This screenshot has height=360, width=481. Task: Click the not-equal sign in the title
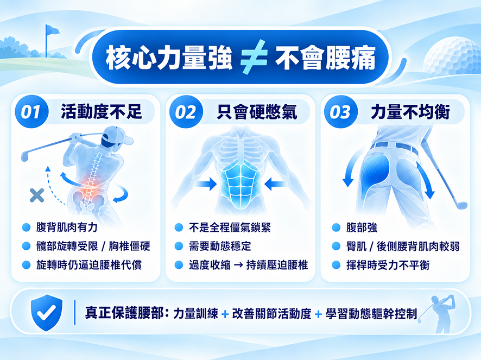[x=254, y=57]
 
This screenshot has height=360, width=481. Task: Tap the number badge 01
[x=31, y=111]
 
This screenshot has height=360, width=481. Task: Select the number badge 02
[x=186, y=111]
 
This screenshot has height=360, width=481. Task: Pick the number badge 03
[x=341, y=111]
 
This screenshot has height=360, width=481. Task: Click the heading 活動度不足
[x=102, y=111]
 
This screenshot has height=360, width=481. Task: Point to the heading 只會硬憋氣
[x=257, y=111]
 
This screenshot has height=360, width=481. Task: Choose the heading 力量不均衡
[x=410, y=111]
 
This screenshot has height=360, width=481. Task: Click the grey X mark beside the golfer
[x=37, y=195]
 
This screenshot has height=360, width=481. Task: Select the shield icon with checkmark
[x=47, y=312]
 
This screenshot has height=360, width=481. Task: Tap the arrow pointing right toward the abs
[x=206, y=184]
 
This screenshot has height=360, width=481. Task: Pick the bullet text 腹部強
[x=362, y=228]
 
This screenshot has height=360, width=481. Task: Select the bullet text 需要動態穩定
[x=220, y=246]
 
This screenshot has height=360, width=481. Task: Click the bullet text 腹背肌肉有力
[x=67, y=228]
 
